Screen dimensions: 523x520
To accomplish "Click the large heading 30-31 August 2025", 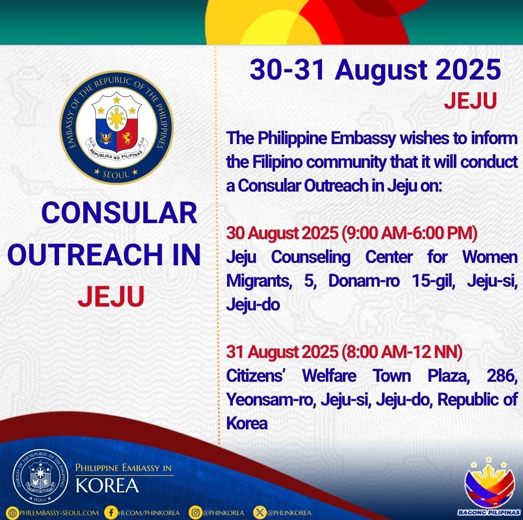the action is [x=375, y=70].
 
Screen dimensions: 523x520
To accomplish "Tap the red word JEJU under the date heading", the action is [x=470, y=100].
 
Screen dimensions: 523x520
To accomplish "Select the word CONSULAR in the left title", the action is [x=120, y=213].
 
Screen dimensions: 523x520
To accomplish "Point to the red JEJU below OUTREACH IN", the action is [x=111, y=296].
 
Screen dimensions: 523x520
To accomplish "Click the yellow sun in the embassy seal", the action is [x=117, y=119].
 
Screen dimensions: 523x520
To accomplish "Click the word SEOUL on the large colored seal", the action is [x=116, y=175].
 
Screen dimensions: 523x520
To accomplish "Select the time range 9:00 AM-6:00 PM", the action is [x=410, y=233].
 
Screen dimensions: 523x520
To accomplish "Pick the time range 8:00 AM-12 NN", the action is [x=402, y=352].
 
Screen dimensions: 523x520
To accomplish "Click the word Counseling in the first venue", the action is [x=310, y=257].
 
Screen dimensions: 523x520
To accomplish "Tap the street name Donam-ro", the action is [x=364, y=281].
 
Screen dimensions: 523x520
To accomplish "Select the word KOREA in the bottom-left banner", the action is [x=107, y=486].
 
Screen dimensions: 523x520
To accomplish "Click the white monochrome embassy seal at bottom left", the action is [x=40, y=477].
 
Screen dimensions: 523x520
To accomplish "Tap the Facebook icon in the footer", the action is [x=110, y=513].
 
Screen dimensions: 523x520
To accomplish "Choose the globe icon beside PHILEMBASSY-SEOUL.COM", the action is [x=13, y=513].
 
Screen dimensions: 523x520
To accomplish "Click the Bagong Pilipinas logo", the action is [x=489, y=486].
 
